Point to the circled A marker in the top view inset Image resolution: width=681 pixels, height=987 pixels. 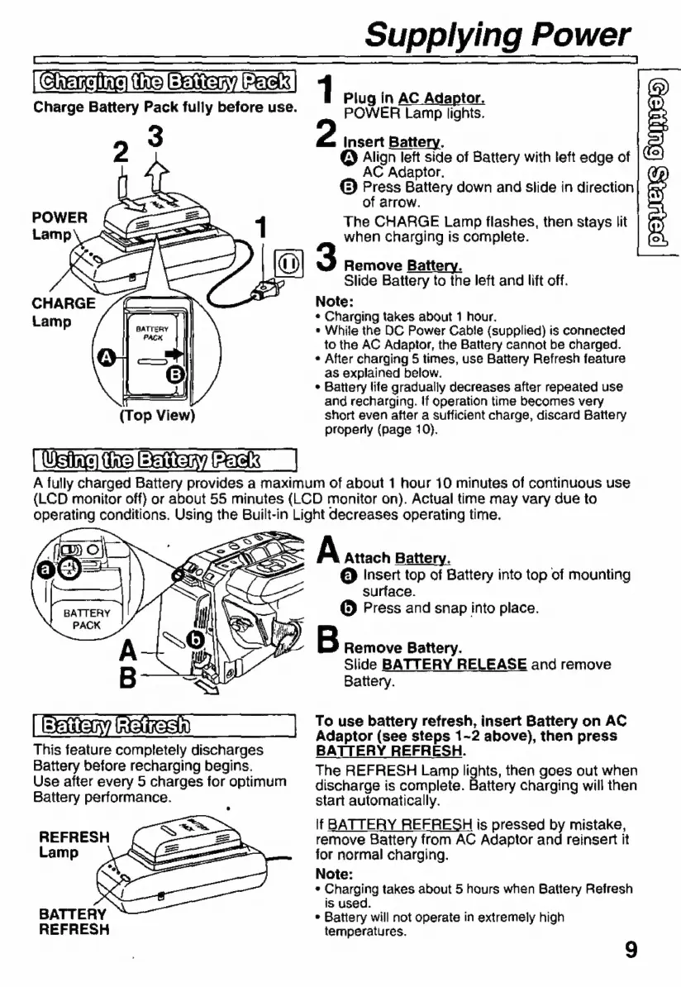106,357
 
